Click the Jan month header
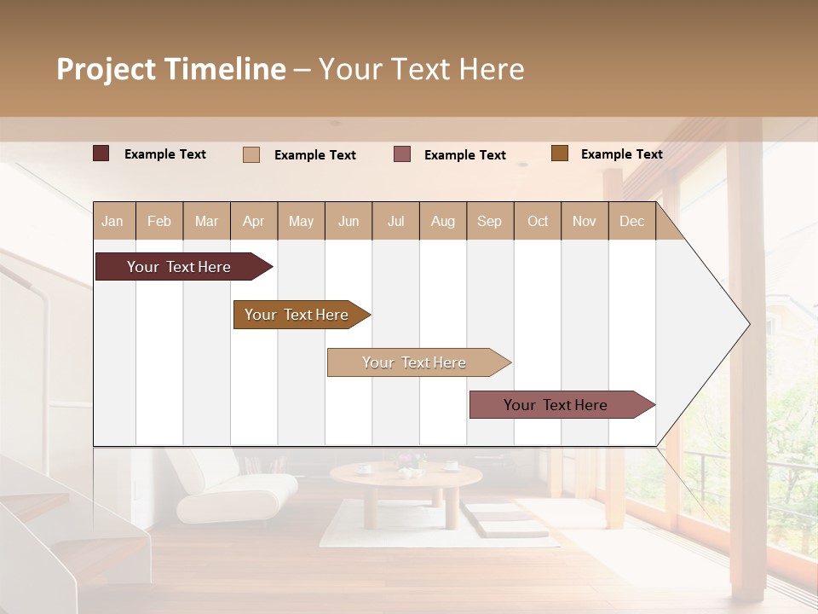click(112, 221)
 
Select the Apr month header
click(253, 221)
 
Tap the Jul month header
click(395, 221)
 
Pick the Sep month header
click(489, 221)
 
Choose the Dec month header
click(631, 221)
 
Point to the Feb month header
click(159, 221)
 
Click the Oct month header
click(538, 221)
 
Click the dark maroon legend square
click(101, 153)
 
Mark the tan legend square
click(251, 154)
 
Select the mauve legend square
click(402, 154)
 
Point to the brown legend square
click(559, 153)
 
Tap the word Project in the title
click(107, 69)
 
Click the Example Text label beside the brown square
click(621, 153)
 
